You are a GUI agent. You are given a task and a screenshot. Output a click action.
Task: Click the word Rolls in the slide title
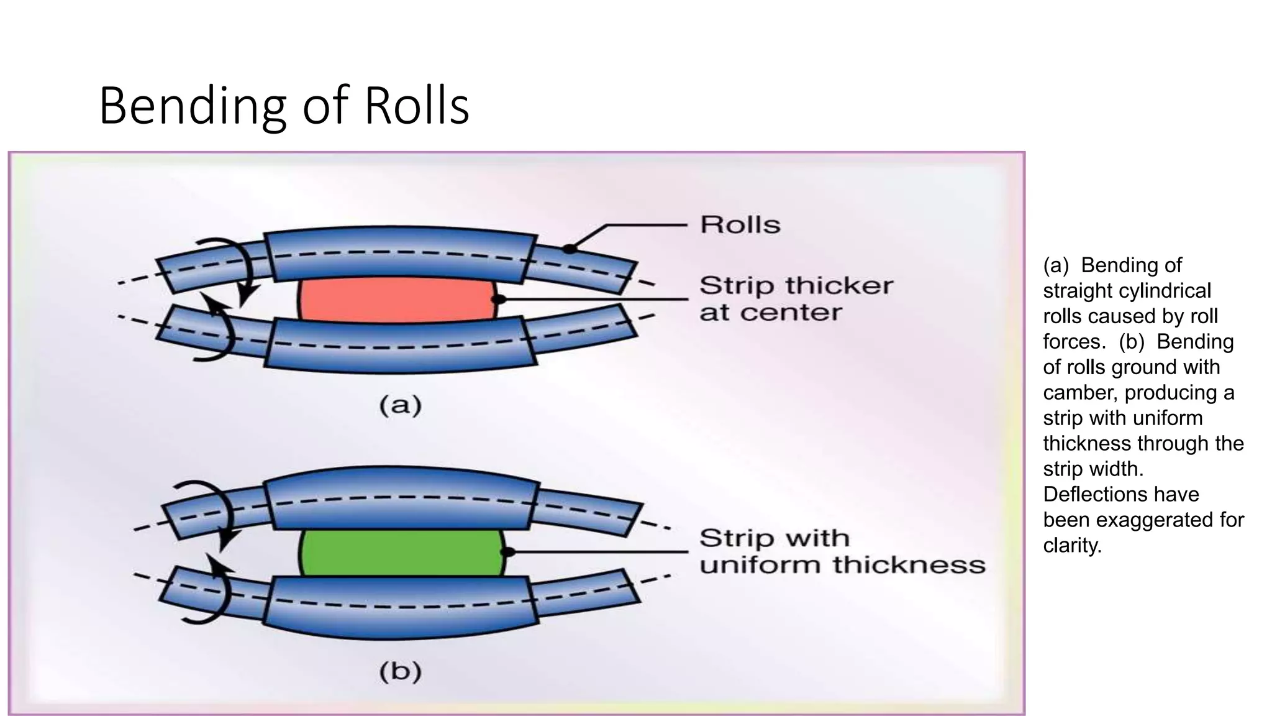click(416, 106)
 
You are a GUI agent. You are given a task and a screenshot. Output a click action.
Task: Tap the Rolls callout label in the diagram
click(740, 224)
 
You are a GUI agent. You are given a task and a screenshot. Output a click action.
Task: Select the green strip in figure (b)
click(401, 553)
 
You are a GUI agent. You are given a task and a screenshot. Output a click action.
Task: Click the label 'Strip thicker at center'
click(795, 299)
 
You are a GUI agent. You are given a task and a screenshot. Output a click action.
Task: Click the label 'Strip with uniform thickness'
click(842, 551)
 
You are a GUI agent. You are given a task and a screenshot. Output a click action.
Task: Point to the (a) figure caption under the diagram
click(401, 406)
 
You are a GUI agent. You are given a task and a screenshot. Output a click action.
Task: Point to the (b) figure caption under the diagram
click(401, 672)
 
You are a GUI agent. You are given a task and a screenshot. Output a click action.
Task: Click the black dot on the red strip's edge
click(497, 300)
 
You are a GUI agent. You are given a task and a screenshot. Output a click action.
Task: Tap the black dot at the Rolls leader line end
click(568, 249)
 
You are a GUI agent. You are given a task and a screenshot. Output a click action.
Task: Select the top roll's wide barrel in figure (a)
click(401, 255)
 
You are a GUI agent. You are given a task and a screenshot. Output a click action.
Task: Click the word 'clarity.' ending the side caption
click(1072, 545)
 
